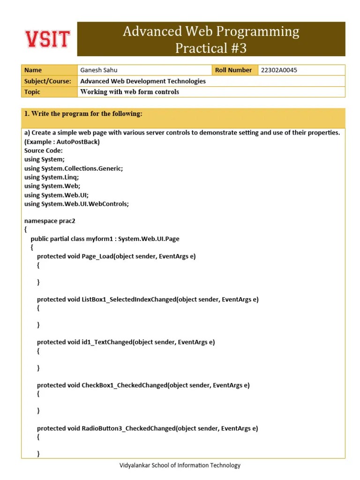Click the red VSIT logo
click(x=47, y=39)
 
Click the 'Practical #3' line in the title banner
click(x=210, y=48)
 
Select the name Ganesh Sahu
click(x=99, y=70)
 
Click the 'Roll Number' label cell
click(x=233, y=70)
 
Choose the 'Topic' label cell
click(x=32, y=92)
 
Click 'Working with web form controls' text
click(x=129, y=92)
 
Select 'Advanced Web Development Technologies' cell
click(x=143, y=81)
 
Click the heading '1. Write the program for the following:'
click(x=83, y=114)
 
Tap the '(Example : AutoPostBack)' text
click(x=62, y=142)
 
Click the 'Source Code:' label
click(x=43, y=150)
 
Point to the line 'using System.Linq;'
click(x=52, y=177)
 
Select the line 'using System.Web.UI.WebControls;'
click(x=76, y=204)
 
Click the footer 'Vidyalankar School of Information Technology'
click(x=180, y=465)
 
